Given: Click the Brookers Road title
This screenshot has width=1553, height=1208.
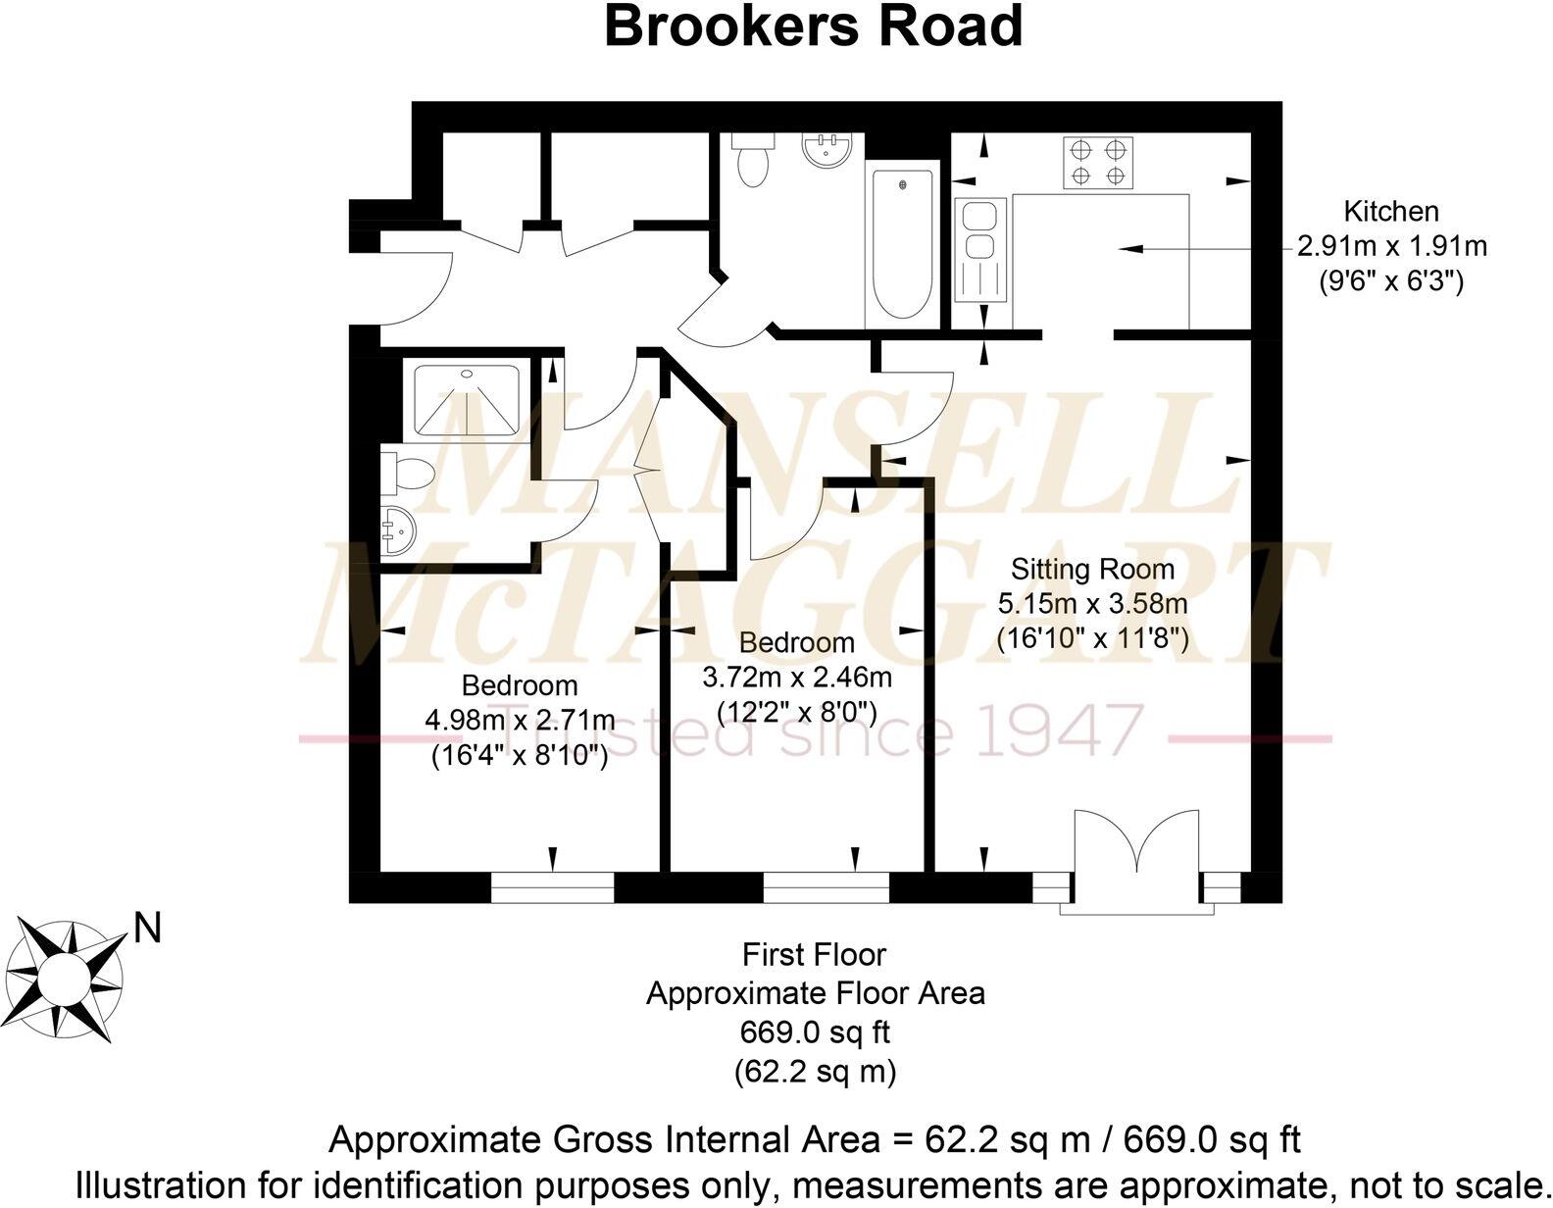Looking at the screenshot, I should (813, 26).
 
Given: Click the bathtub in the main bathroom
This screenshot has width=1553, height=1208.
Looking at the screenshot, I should (901, 244).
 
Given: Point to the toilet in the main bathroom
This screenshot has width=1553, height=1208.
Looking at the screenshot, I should (752, 162).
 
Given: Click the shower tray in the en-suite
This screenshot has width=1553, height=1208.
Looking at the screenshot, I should (467, 400).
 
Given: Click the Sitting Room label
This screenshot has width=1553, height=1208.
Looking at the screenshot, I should (1092, 570).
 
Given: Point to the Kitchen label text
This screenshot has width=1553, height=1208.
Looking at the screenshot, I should (1390, 212).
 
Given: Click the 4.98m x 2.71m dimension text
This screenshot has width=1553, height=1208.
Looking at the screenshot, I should (520, 721).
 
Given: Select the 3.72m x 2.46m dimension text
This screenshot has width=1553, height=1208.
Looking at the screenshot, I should (797, 677).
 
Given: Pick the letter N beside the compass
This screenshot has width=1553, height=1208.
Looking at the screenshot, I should (147, 928).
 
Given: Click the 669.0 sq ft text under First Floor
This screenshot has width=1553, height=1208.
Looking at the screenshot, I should (815, 1032).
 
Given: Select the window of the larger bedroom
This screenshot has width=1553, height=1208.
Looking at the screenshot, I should (552, 888).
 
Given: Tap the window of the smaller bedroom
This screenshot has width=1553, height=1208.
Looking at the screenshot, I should (827, 888).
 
